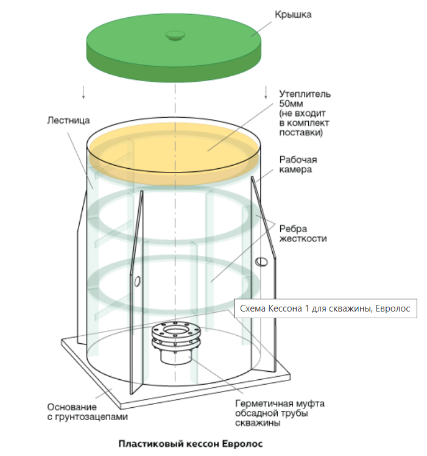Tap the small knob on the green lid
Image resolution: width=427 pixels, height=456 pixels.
pyautogui.click(x=175, y=35)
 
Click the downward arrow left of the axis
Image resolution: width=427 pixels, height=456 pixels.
pyautogui.click(x=83, y=91)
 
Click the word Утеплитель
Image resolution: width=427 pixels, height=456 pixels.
pyautogui.click(x=305, y=94)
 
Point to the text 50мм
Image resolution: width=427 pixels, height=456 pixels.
pyautogui.click(x=290, y=104)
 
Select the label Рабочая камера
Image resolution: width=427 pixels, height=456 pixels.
pyautogui.click(x=298, y=165)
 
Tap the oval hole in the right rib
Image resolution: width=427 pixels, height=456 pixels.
pyautogui.click(x=261, y=262)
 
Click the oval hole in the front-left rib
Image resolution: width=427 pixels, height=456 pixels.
pyautogui.click(x=137, y=280)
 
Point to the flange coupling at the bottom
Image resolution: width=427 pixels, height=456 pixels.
pyautogui.click(x=175, y=335)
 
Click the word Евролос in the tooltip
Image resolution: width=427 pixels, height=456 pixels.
pyautogui.click(x=395, y=309)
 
